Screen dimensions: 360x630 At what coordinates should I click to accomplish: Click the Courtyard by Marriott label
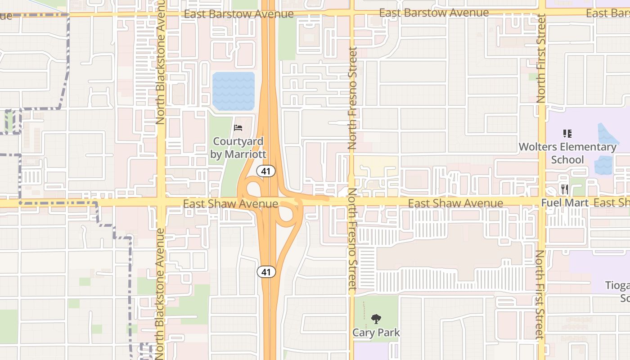238,148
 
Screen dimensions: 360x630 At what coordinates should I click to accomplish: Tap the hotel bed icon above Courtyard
238,128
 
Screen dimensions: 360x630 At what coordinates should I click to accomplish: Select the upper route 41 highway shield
266,171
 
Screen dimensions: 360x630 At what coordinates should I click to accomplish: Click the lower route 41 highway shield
266,272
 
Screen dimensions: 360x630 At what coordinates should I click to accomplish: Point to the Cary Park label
376,333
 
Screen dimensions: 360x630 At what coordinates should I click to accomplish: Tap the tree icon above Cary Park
376,319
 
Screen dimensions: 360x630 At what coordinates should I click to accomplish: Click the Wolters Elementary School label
567,153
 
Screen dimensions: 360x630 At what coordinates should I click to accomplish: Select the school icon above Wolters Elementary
567,133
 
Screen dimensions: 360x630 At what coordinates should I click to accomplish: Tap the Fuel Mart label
564,203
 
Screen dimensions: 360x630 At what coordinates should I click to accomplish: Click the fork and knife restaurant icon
564,189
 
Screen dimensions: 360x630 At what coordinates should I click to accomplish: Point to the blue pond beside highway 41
233,91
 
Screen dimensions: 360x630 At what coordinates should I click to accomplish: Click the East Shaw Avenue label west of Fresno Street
230,204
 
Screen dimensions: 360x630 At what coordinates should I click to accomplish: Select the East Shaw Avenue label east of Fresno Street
455,203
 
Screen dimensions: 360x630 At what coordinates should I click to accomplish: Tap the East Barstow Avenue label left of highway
238,14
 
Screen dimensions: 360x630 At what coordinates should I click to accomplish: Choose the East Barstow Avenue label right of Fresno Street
434,13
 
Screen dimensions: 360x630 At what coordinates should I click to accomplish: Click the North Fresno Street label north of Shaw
352,98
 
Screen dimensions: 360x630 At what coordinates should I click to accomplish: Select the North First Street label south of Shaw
540,295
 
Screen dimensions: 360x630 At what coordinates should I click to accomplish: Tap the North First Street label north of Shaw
541,58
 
